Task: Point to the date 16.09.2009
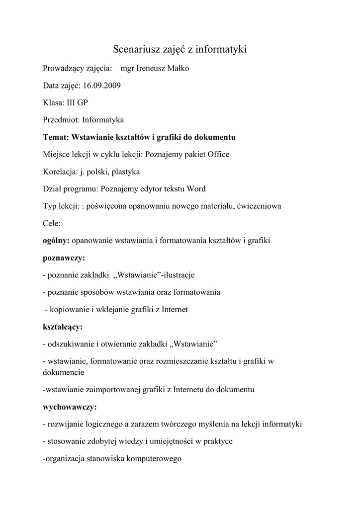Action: click(102, 85)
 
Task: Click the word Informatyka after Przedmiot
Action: click(103, 120)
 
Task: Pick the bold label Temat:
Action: click(57, 137)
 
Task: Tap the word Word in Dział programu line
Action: click(196, 189)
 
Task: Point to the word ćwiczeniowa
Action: click(260, 206)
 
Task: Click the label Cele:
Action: click(52, 223)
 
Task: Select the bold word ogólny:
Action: click(56, 241)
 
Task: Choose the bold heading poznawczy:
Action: click(64, 258)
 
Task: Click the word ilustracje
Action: click(178, 275)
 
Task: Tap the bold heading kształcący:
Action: click(63, 327)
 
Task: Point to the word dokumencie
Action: click(64, 372)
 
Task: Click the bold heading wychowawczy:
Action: click(70, 407)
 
